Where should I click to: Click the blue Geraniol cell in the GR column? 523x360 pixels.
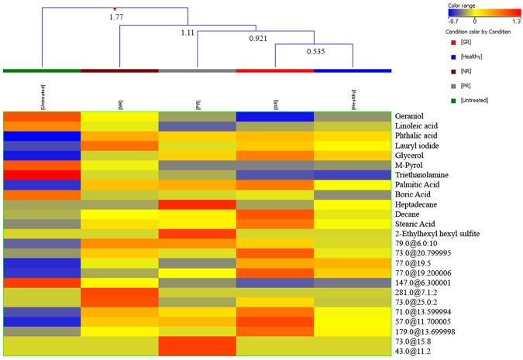(275, 116)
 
